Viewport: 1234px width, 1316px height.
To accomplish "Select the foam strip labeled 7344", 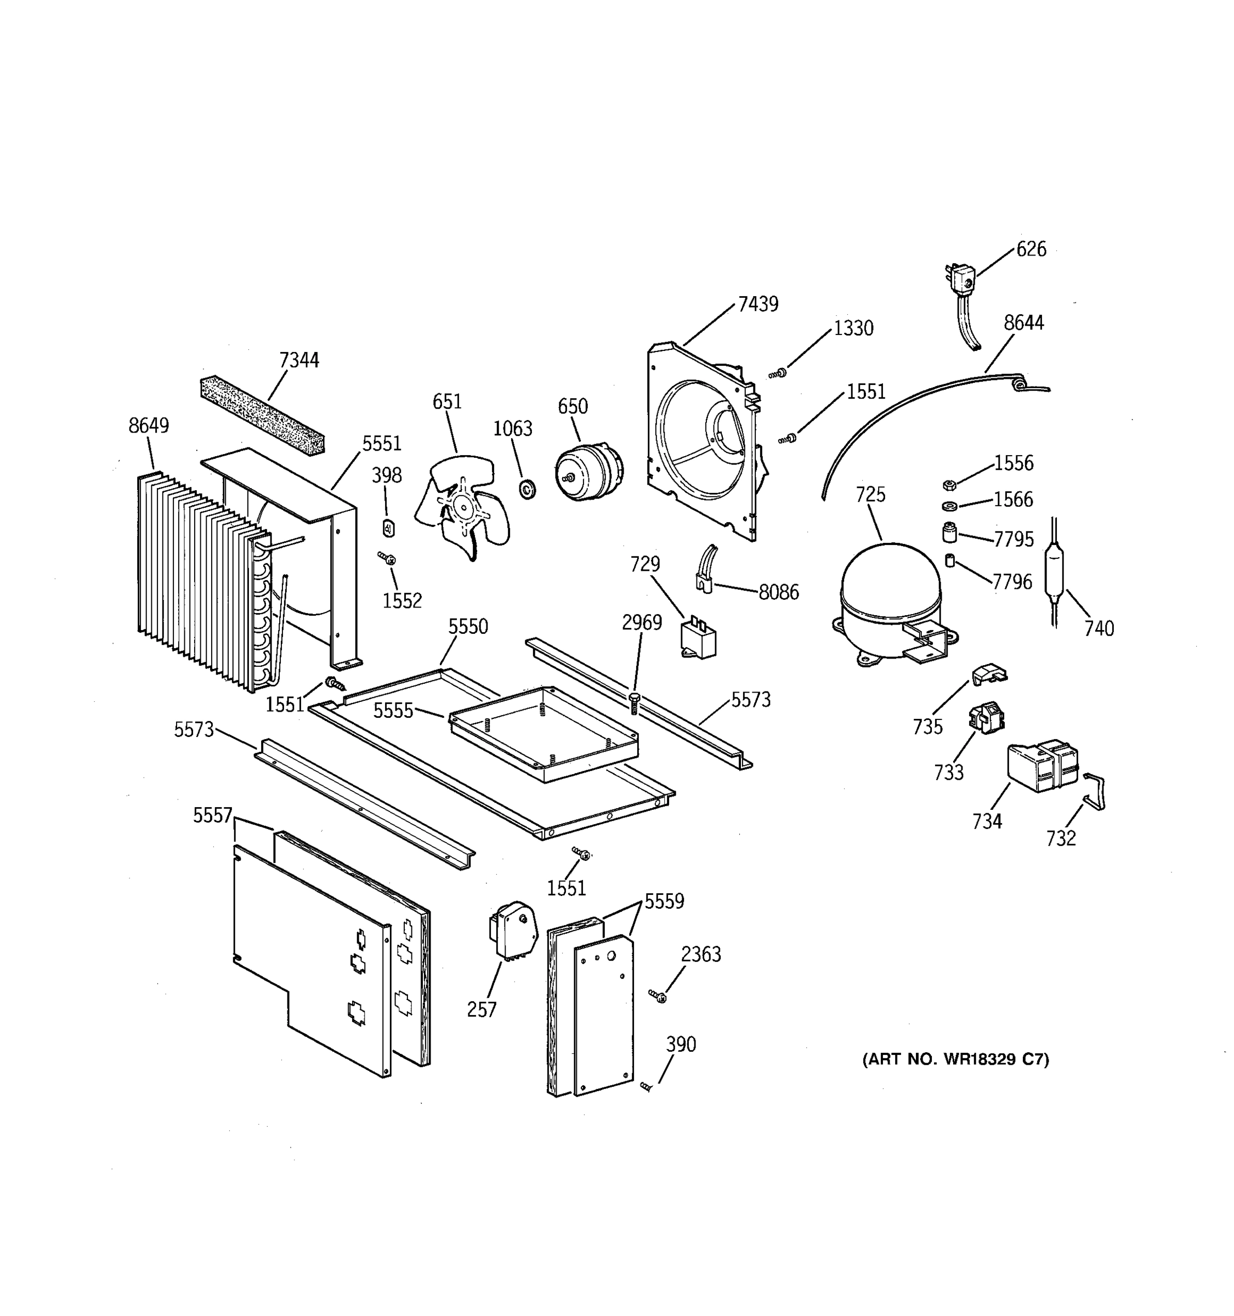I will tap(262, 415).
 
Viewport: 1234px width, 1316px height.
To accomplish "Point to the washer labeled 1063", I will tap(528, 490).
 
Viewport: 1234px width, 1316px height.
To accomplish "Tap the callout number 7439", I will tap(758, 304).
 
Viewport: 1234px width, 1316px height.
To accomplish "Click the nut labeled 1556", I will tap(949, 485).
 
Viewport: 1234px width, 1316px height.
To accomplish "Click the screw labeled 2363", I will tap(658, 996).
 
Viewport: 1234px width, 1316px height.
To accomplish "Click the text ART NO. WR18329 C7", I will tap(955, 1059).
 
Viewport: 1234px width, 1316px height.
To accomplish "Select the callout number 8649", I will tap(148, 425).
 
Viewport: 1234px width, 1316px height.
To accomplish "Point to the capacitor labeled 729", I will tap(698, 639).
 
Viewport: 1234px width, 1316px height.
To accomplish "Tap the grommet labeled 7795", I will tap(949, 532).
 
